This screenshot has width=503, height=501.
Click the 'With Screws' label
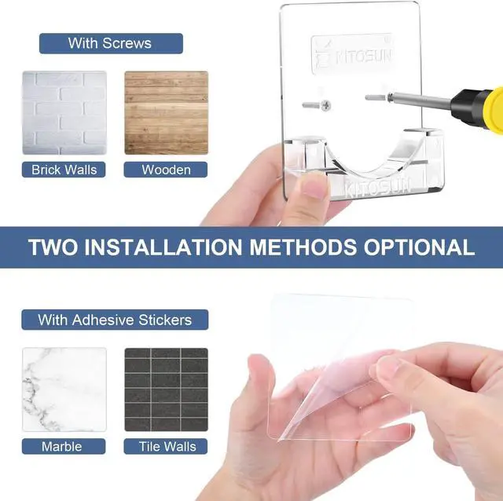pyautogui.click(x=111, y=43)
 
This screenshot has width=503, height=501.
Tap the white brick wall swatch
pyautogui.click(x=64, y=112)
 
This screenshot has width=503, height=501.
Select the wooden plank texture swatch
pyautogui.click(x=166, y=112)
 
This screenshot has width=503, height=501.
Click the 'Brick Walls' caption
pyautogui.click(x=64, y=170)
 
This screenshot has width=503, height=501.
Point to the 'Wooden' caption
pyautogui.click(x=166, y=170)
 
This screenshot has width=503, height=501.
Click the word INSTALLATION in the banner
pyautogui.click(x=163, y=247)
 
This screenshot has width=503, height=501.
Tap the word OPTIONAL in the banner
pyautogui.click(x=419, y=247)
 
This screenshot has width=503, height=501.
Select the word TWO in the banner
pyautogui.click(x=53, y=247)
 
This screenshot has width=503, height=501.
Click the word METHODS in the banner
pyautogui.click(x=303, y=247)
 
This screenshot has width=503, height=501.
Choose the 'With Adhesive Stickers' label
pyautogui.click(x=115, y=320)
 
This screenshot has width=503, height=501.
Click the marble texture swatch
pyautogui.click(x=64, y=389)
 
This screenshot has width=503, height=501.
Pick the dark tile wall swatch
pyautogui.click(x=166, y=389)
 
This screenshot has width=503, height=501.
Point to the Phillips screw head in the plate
pyautogui.click(x=325, y=105)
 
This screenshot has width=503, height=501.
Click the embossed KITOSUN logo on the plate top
pyautogui.click(x=353, y=55)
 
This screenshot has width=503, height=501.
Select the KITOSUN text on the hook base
pyautogui.click(x=379, y=188)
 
